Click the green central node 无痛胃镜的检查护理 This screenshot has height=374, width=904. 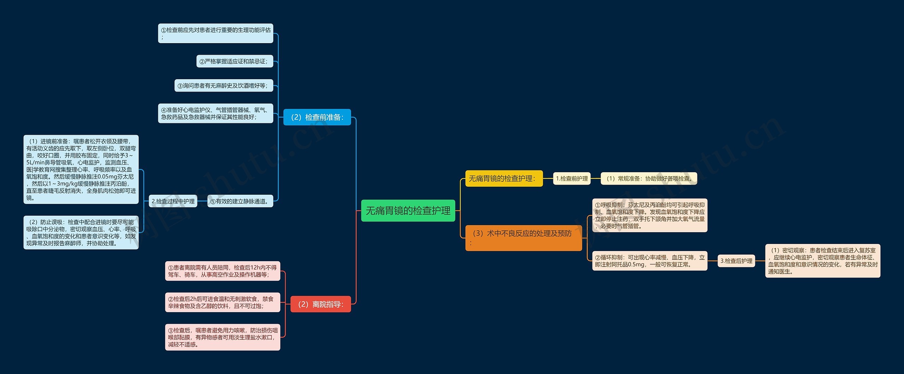click(408, 211)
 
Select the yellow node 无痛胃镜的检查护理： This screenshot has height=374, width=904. click(504, 179)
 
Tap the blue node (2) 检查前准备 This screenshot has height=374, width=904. click(317, 117)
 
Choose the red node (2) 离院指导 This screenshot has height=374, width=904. click(320, 304)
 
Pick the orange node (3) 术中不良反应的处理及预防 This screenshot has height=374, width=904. click(523, 238)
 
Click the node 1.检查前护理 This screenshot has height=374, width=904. click(572, 179)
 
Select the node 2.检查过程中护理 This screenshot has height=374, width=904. click(173, 201)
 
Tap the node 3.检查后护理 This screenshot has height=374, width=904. click(736, 261)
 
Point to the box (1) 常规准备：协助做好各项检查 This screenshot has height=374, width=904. click(649, 179)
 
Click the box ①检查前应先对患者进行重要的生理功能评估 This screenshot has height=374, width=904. click(215, 33)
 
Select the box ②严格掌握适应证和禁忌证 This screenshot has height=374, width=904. click(234, 61)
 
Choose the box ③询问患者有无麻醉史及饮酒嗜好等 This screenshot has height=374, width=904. click(224, 86)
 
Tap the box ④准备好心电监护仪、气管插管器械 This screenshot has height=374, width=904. click(215, 113)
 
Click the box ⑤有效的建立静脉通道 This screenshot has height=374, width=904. click(240, 201)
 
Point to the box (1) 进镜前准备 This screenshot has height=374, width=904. click(81, 169)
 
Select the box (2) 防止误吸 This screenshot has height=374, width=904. click(81, 233)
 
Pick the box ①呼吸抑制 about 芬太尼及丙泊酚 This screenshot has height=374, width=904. click(650, 215)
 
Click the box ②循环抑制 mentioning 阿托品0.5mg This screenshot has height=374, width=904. click(650, 261)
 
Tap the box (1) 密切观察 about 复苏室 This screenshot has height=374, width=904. click(822, 261)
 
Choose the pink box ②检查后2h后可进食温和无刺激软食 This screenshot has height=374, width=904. click(222, 302)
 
